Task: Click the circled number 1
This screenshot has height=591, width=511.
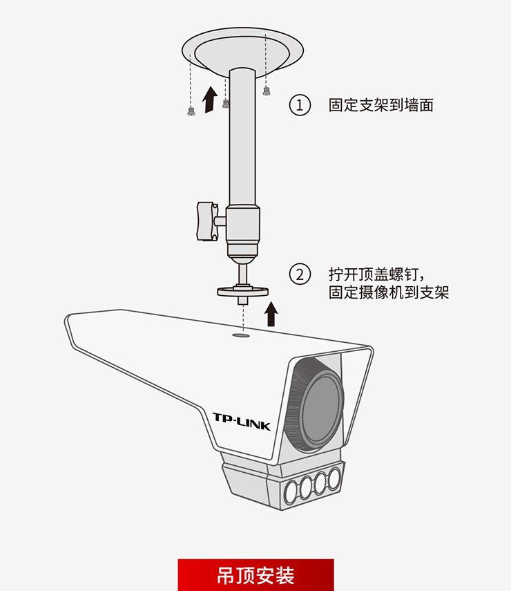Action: (x=299, y=106)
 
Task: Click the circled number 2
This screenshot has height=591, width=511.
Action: (x=299, y=274)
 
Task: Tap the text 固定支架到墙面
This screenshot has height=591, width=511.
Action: (x=380, y=106)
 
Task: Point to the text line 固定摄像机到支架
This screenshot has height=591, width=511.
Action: (x=389, y=292)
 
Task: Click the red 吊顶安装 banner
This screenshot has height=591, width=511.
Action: (x=256, y=575)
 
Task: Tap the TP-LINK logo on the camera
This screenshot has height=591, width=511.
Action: (x=241, y=421)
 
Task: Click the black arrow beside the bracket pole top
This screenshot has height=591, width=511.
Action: (x=209, y=100)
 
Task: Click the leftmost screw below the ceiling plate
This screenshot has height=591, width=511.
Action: (x=191, y=111)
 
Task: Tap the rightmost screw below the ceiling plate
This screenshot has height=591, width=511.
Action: (x=267, y=91)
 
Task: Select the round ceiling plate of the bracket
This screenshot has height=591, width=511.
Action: (x=242, y=48)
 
